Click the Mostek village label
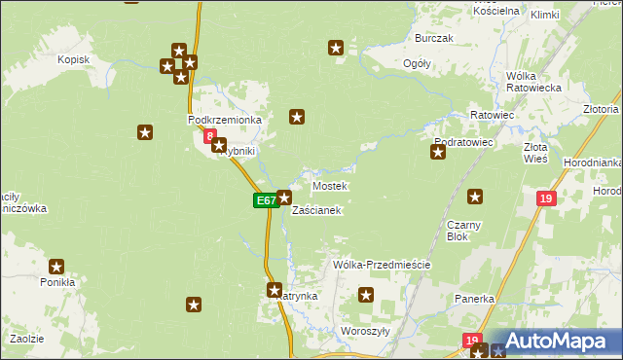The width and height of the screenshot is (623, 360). pyautogui.click(x=329, y=185)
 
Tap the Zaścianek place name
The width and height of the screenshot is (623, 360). pyautogui.click(x=316, y=210)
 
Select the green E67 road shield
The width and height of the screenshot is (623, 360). pyautogui.click(x=264, y=200)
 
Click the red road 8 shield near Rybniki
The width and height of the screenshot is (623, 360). pyautogui.click(x=208, y=138)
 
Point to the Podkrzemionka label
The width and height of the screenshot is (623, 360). pyautogui.click(x=225, y=120)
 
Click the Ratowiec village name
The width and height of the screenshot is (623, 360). pyautogui.click(x=492, y=115)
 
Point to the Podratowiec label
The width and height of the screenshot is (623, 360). pyautogui.click(x=464, y=142)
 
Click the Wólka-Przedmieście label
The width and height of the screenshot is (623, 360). pyautogui.click(x=382, y=265)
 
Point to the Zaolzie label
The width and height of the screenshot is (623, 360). pyautogui.click(x=27, y=338)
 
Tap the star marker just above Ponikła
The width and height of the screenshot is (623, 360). pyautogui.click(x=56, y=266)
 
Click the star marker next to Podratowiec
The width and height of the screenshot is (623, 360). pyautogui.click(x=438, y=152)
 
